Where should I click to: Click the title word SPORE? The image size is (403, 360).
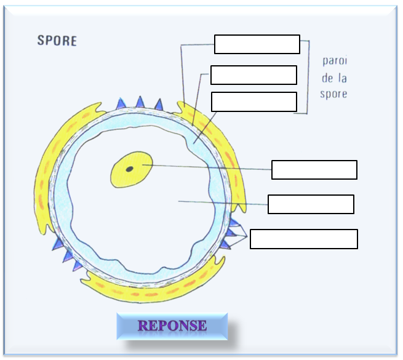[57, 41]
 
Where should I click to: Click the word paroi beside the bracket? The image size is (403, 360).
[334, 62]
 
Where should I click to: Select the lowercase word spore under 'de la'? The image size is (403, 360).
[333, 95]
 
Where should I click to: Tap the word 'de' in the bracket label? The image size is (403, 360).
[328, 78]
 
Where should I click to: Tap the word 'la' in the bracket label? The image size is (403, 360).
[341, 78]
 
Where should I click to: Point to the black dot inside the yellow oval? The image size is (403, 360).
[130, 168]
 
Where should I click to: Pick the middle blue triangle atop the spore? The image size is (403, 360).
[140, 102]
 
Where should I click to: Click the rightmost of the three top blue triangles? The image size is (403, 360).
[159, 105]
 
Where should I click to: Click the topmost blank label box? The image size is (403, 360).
[257, 44]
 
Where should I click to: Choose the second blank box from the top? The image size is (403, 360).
[253, 75]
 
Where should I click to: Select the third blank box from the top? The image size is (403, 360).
[254, 102]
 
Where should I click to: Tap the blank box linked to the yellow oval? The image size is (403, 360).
[314, 170]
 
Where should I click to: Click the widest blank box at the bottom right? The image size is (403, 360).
[304, 239]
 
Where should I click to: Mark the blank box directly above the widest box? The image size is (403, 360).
[311, 204]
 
